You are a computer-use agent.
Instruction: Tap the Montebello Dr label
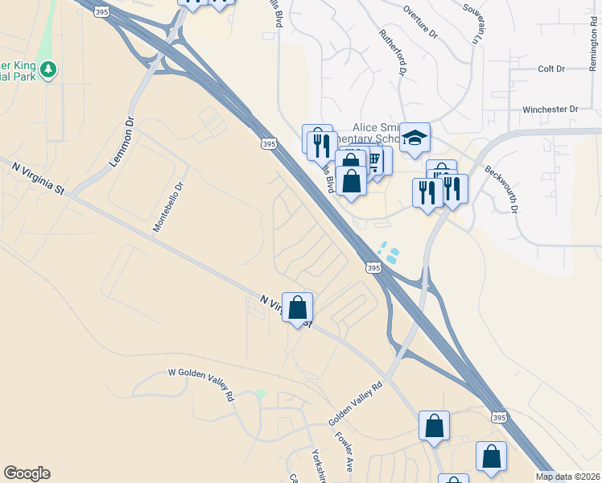coord(169,208)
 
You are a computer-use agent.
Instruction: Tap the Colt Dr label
coord(551,69)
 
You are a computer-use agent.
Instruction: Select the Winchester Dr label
coord(550,109)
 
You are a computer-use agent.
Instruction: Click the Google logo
coord(27,473)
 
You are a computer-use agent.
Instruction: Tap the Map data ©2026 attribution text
coord(567,477)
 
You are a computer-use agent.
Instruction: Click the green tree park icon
coord(49,70)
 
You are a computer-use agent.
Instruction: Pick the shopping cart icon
coord(375,159)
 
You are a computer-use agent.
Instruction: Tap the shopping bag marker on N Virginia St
coord(298,307)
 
